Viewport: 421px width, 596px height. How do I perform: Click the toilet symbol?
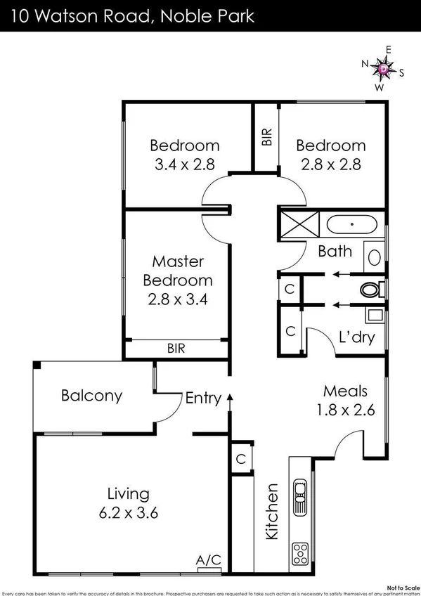[370, 289]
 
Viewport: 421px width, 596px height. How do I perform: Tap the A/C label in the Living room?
[209, 559]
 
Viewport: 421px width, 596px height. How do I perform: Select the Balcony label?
[91, 396]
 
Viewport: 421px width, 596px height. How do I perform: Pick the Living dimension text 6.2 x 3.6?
[133, 512]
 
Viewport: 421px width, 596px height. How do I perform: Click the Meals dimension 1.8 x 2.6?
[344, 409]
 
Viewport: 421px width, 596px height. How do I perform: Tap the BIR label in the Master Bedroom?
[177, 348]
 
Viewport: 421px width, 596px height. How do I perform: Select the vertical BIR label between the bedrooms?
[267, 136]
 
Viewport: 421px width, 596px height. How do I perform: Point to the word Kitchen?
[272, 511]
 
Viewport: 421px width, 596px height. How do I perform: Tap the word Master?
[178, 261]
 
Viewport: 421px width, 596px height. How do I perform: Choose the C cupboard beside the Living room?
[240, 458]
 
